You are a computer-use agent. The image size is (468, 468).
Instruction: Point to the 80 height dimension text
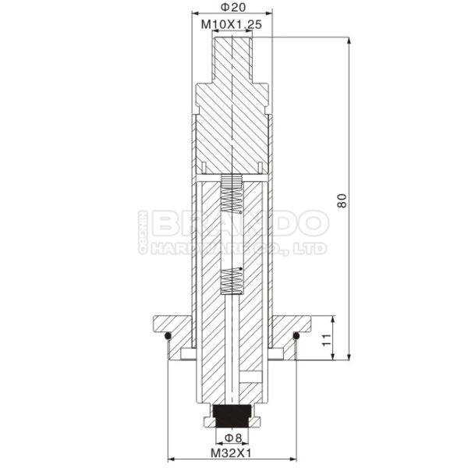coord(342,200)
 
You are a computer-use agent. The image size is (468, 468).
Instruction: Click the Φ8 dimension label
coord(233,437)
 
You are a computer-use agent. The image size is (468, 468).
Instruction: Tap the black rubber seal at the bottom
coord(232,411)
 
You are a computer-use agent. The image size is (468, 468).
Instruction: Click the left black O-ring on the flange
coord(168,337)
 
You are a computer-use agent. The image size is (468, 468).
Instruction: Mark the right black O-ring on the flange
coord(297,337)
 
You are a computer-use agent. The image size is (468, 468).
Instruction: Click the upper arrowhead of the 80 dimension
coord(347,37)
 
